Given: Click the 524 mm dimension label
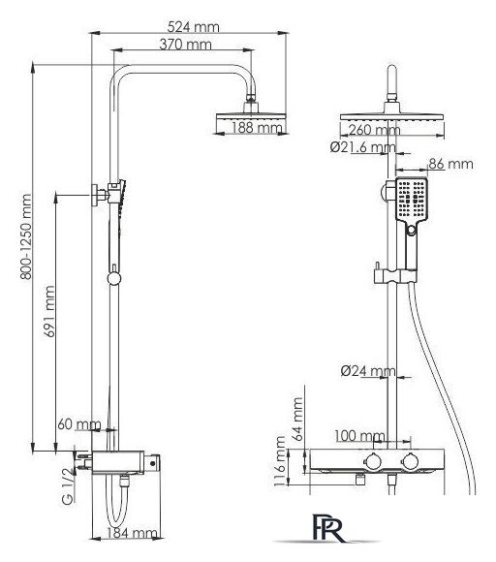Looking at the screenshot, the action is tap(193, 27).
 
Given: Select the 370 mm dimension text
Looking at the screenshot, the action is tap(185, 45).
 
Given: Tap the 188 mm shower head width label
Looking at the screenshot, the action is tap(257, 127).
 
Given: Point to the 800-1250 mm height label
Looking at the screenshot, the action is tap(26, 236).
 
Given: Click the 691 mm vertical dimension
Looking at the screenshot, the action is tap(49, 311).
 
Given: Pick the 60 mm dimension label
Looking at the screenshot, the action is tap(79, 424).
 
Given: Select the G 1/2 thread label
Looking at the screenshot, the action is tap(68, 486).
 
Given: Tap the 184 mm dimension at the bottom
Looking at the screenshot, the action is tap(132, 533).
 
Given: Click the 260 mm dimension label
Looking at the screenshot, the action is tap(374, 130).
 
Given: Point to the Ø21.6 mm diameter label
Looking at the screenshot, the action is tap(362, 147).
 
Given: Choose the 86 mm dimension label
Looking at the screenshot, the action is tap(450, 164).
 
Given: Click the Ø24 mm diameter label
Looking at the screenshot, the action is tap(368, 370).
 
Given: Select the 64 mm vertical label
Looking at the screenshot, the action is tap(297, 419).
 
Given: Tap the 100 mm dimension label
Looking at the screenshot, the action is tap(359, 436).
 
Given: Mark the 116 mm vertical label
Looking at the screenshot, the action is tap(279, 461).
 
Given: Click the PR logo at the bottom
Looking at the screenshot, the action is tap(327, 527).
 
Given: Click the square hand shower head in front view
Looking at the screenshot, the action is tap(412, 199).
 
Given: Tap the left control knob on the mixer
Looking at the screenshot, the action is tap(373, 461).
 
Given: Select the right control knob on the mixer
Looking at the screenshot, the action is tap(411, 461).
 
